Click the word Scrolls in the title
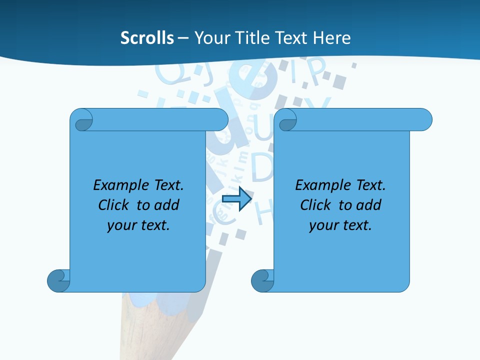(x=147, y=38)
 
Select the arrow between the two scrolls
(x=236, y=199)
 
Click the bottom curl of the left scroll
(x=58, y=280)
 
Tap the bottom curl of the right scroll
(x=262, y=280)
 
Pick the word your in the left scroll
(x=121, y=225)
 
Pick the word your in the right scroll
(x=323, y=225)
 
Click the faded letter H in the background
(x=265, y=213)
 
